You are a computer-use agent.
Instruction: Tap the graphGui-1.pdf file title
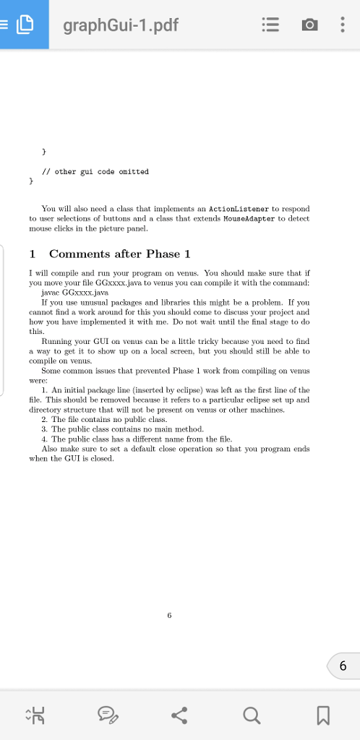[120, 26]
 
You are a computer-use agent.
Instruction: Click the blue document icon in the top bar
[25, 25]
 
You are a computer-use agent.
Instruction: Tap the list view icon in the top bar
[270, 26]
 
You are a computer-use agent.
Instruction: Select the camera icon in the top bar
[309, 26]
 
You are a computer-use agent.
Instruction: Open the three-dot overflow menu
[342, 26]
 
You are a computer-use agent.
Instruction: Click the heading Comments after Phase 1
[119, 254]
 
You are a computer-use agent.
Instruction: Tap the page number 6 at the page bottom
[169, 616]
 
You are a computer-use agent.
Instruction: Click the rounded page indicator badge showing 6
[343, 666]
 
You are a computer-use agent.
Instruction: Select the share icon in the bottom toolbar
[179, 715]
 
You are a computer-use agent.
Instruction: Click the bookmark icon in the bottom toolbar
[323, 715]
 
